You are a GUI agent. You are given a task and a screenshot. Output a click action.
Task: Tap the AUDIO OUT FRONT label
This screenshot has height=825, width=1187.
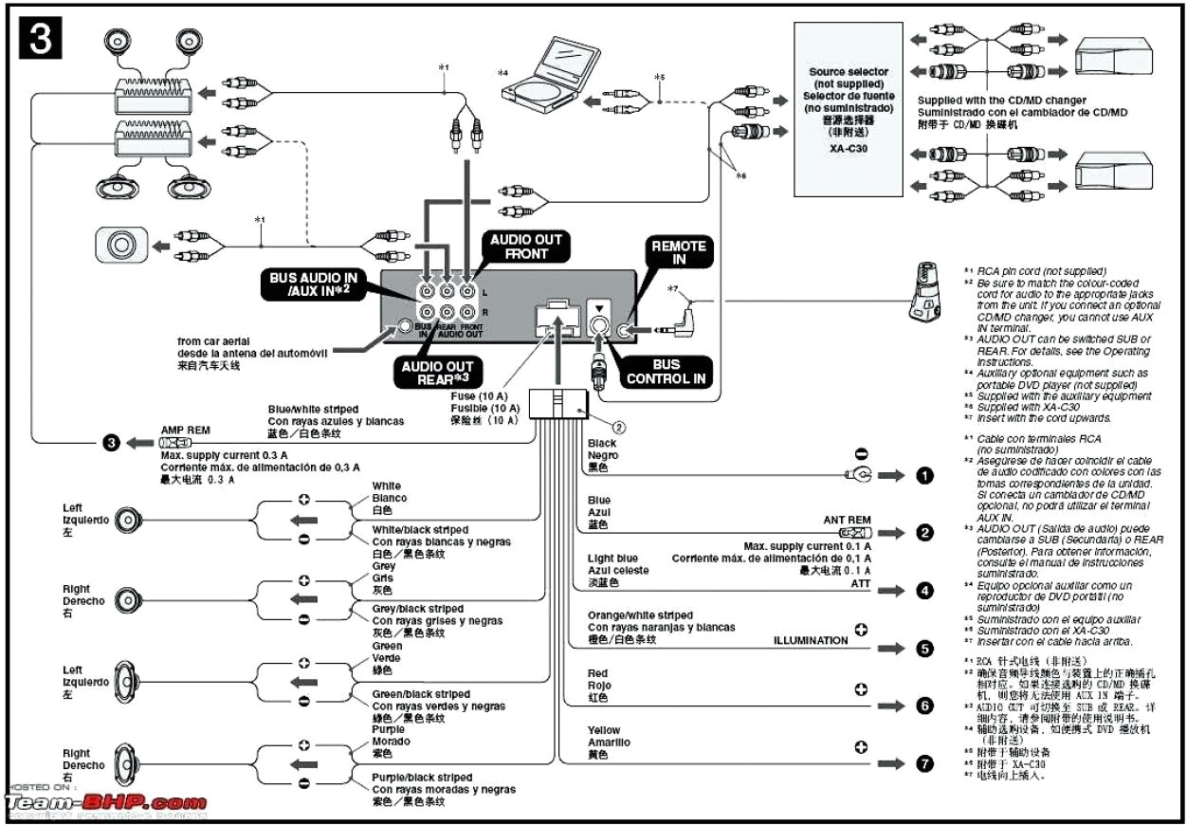pos(526,247)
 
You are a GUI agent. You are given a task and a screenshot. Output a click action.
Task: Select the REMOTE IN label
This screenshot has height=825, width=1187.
pos(679,253)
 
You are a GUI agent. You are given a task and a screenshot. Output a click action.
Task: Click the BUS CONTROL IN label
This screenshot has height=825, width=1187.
pos(666,371)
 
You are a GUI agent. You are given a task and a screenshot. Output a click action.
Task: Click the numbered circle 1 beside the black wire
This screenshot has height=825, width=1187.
pos(925,476)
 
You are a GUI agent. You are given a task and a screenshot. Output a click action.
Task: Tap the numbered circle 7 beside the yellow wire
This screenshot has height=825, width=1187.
pos(925,763)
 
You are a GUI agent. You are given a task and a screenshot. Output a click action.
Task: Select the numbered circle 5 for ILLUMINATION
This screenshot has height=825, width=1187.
pos(925,650)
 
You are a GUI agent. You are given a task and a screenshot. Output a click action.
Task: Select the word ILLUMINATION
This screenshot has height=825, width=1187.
pos(811,640)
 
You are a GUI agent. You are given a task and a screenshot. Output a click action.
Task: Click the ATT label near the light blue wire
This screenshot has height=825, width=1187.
pos(860,585)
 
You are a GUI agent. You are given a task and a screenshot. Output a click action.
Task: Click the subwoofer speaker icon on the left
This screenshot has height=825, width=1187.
pos(120,245)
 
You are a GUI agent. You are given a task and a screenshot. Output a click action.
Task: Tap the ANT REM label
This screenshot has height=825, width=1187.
pos(847,520)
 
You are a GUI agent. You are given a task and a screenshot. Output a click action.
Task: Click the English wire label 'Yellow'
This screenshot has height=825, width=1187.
pos(604,731)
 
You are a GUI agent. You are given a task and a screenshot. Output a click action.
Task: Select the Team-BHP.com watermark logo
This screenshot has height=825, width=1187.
pos(106,803)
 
